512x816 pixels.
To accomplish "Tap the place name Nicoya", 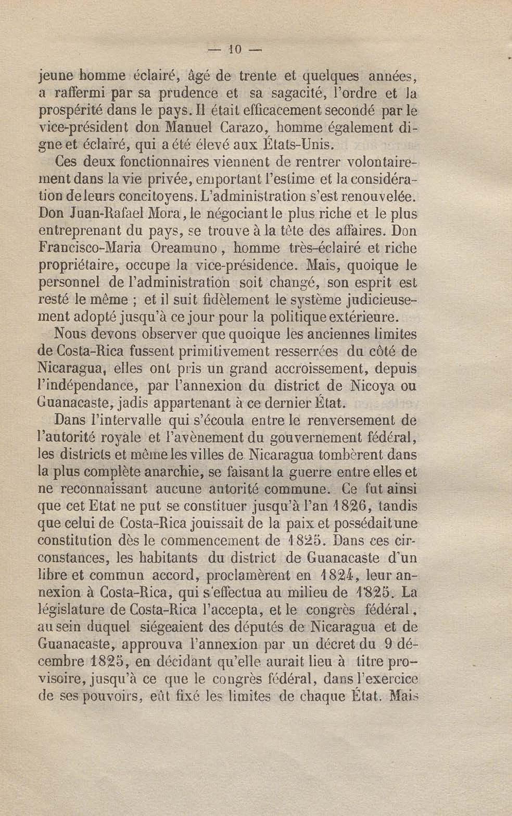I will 372,386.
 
